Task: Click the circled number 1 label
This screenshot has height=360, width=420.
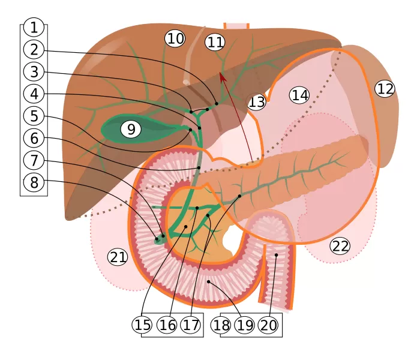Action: [34, 27]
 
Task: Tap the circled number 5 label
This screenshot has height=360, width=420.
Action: [34, 116]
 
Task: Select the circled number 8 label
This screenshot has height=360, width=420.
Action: [34, 182]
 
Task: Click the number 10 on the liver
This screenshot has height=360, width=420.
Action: [175, 39]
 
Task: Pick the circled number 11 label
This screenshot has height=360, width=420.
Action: [215, 42]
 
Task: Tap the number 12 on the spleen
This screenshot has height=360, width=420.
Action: [385, 89]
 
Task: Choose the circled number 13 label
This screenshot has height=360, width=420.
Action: [257, 102]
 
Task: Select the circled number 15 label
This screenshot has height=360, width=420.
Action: [142, 325]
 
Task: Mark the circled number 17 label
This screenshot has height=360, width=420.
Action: [190, 325]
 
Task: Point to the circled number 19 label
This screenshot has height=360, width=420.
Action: [244, 325]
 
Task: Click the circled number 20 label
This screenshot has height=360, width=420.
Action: [268, 325]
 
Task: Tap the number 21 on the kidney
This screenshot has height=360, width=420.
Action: [118, 257]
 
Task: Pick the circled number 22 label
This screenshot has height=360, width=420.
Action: [340, 245]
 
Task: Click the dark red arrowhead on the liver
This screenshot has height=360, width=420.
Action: [223, 76]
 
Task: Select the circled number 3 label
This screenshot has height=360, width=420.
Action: [34, 71]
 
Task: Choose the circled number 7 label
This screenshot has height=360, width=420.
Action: [34, 160]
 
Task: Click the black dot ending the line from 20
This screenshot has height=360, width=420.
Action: [277, 255]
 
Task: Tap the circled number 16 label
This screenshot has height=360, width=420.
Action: [166, 325]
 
